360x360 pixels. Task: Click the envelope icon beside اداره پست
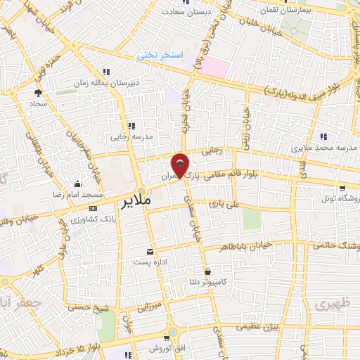[149, 252]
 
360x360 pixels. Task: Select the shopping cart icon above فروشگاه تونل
[342, 188]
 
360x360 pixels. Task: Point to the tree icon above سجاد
[37, 92]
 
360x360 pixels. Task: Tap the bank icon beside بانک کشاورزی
[94, 209]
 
